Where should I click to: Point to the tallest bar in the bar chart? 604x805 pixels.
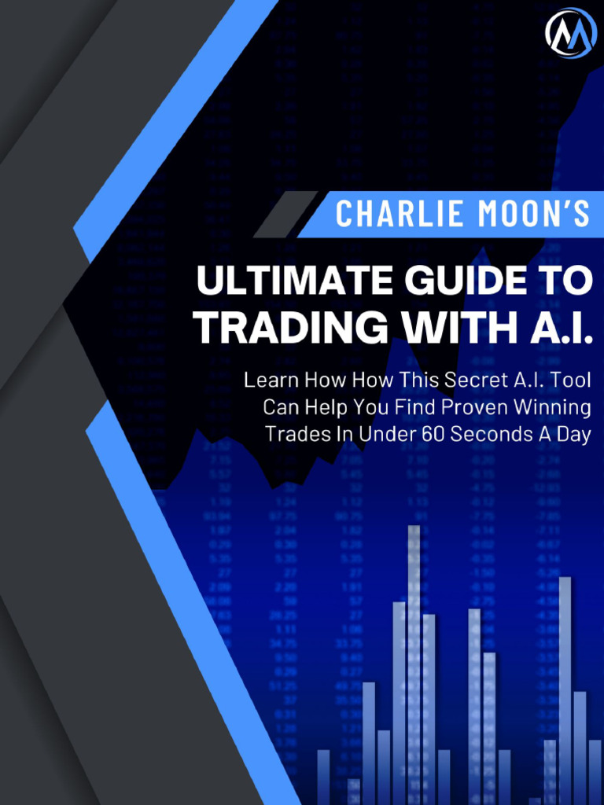(414, 660)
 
